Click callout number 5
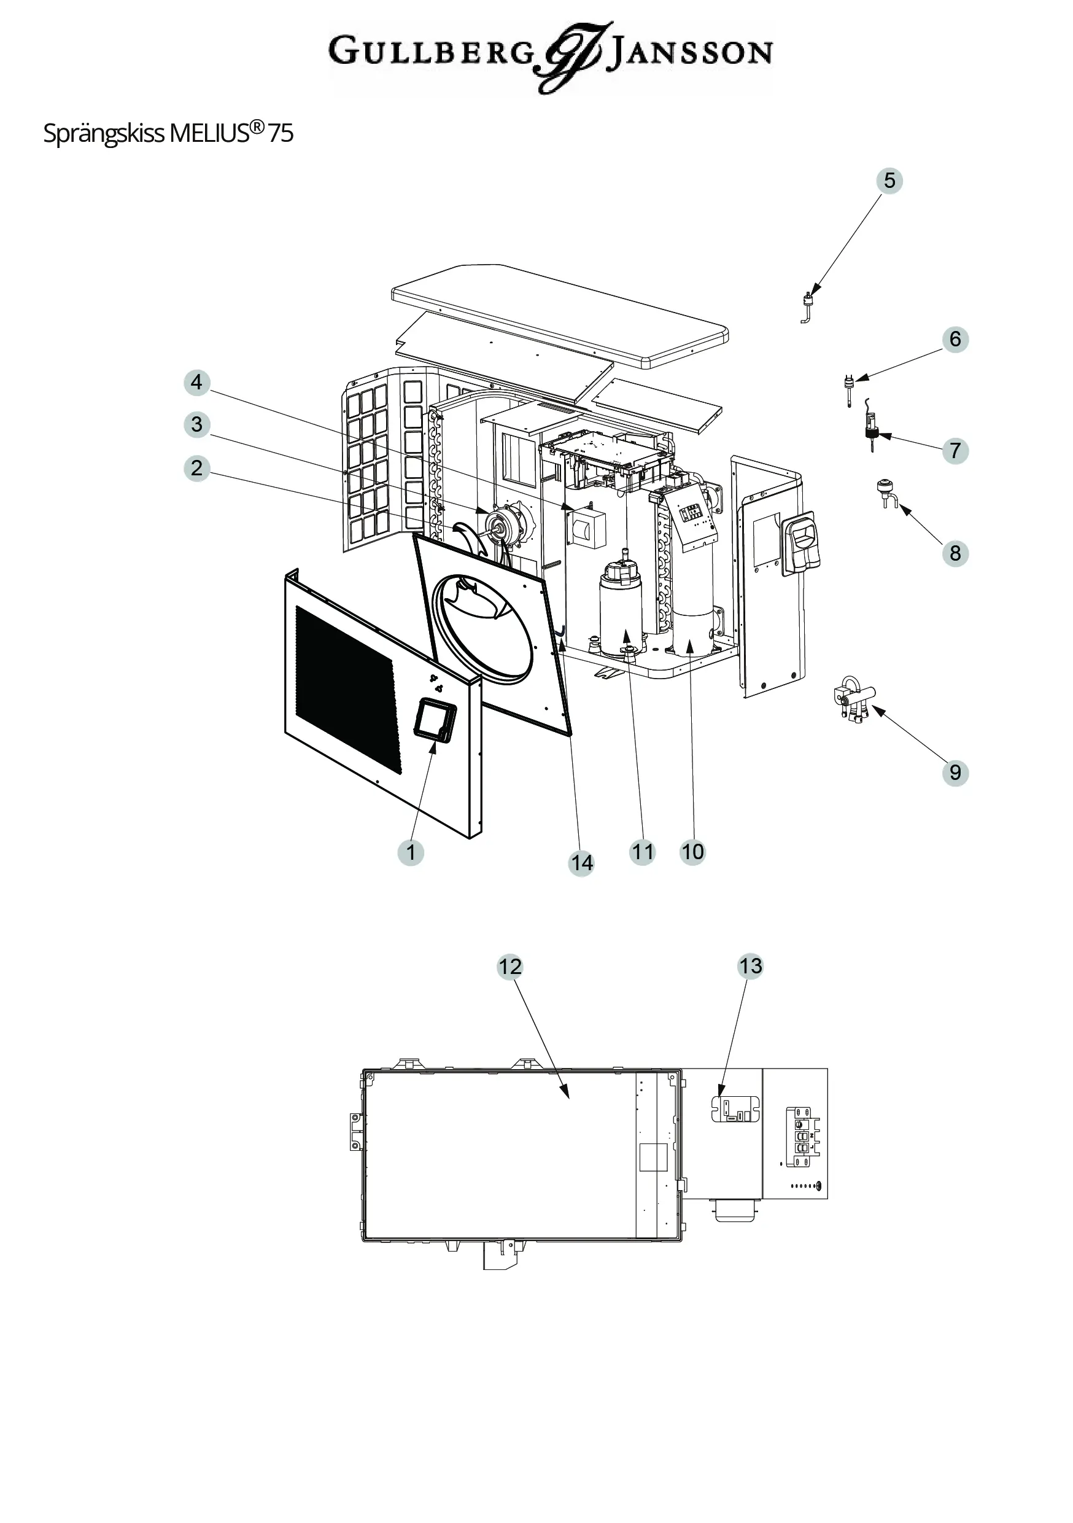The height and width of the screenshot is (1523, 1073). pos(889,181)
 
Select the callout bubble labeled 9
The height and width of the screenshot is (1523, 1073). pos(955,772)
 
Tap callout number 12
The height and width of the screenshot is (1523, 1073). pos(510,967)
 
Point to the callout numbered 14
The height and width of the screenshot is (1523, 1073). pos(581,862)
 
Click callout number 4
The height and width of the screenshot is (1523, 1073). pos(196,382)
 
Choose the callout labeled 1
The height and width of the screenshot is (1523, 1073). pos(411,852)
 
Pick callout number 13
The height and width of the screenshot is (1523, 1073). pos(751,966)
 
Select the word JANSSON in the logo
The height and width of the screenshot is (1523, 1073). pos(690,52)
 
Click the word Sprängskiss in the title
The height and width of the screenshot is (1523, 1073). pos(104,133)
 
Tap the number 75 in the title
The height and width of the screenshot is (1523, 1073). pos(281,133)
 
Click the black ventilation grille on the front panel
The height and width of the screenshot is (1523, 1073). pos(349,689)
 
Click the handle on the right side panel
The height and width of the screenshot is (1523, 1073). pos(802,543)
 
